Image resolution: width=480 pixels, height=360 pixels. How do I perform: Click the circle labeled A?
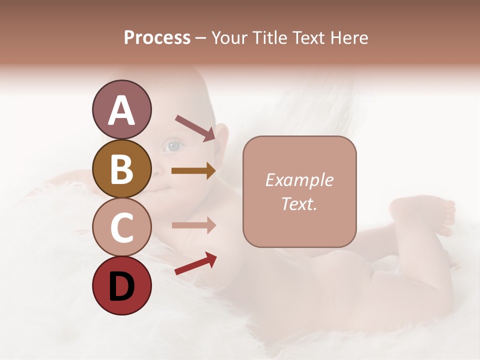121,109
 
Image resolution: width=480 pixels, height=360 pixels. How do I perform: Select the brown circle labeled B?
121,168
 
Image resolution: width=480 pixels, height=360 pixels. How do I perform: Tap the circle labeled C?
121,227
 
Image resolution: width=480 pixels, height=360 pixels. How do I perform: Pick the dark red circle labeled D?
121,285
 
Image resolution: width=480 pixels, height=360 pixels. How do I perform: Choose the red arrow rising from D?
195,263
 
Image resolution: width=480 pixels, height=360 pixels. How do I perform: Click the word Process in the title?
157,37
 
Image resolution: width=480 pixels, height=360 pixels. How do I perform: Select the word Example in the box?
299,180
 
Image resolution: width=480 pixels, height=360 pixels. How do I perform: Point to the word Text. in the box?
299,204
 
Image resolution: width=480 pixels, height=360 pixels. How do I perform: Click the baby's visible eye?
173,146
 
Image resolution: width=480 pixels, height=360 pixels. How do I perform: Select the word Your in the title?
228,37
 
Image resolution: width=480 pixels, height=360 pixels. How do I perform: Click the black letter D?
121,287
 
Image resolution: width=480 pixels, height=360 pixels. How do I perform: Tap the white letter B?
121,169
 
